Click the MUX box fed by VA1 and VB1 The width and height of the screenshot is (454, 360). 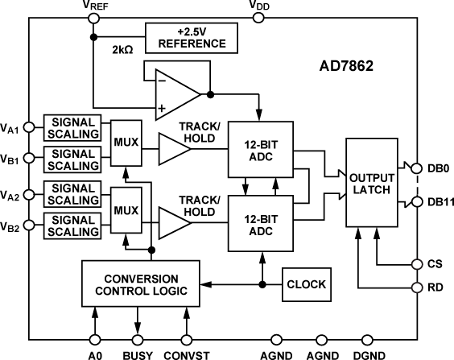[126, 142]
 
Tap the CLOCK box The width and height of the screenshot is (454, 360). [305, 283]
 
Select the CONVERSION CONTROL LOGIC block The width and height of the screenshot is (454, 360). [142, 283]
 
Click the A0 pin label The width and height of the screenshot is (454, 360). [95, 353]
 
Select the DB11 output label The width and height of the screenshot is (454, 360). [437, 201]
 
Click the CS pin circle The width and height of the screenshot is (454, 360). [418, 263]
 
